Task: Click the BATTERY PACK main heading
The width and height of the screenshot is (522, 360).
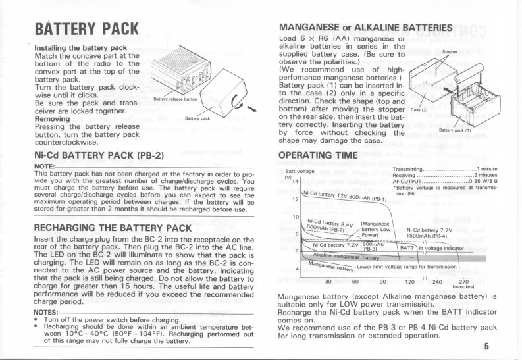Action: [x=88, y=29]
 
